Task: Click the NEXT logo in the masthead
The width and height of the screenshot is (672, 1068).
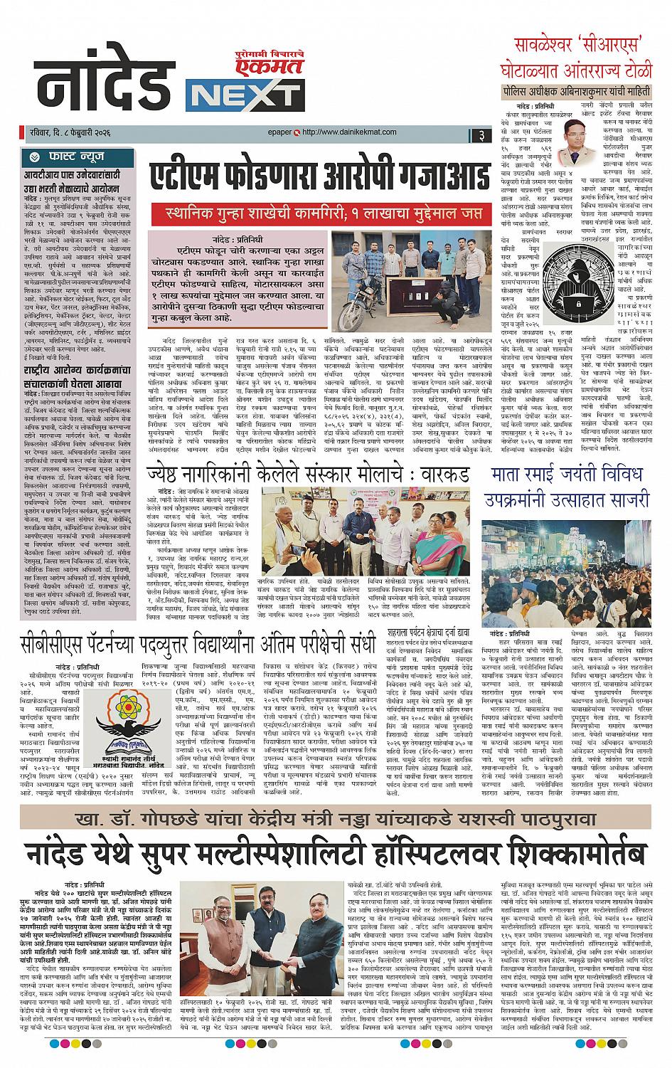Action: click(x=243, y=95)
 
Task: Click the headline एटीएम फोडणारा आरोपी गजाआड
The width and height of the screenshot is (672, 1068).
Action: click(x=320, y=175)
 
